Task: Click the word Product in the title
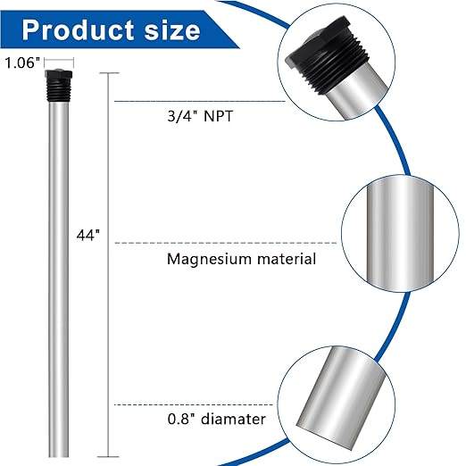tap(79, 29)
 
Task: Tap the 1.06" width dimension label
tap(21, 62)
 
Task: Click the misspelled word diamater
tap(233, 418)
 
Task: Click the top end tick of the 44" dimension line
tap(109, 74)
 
